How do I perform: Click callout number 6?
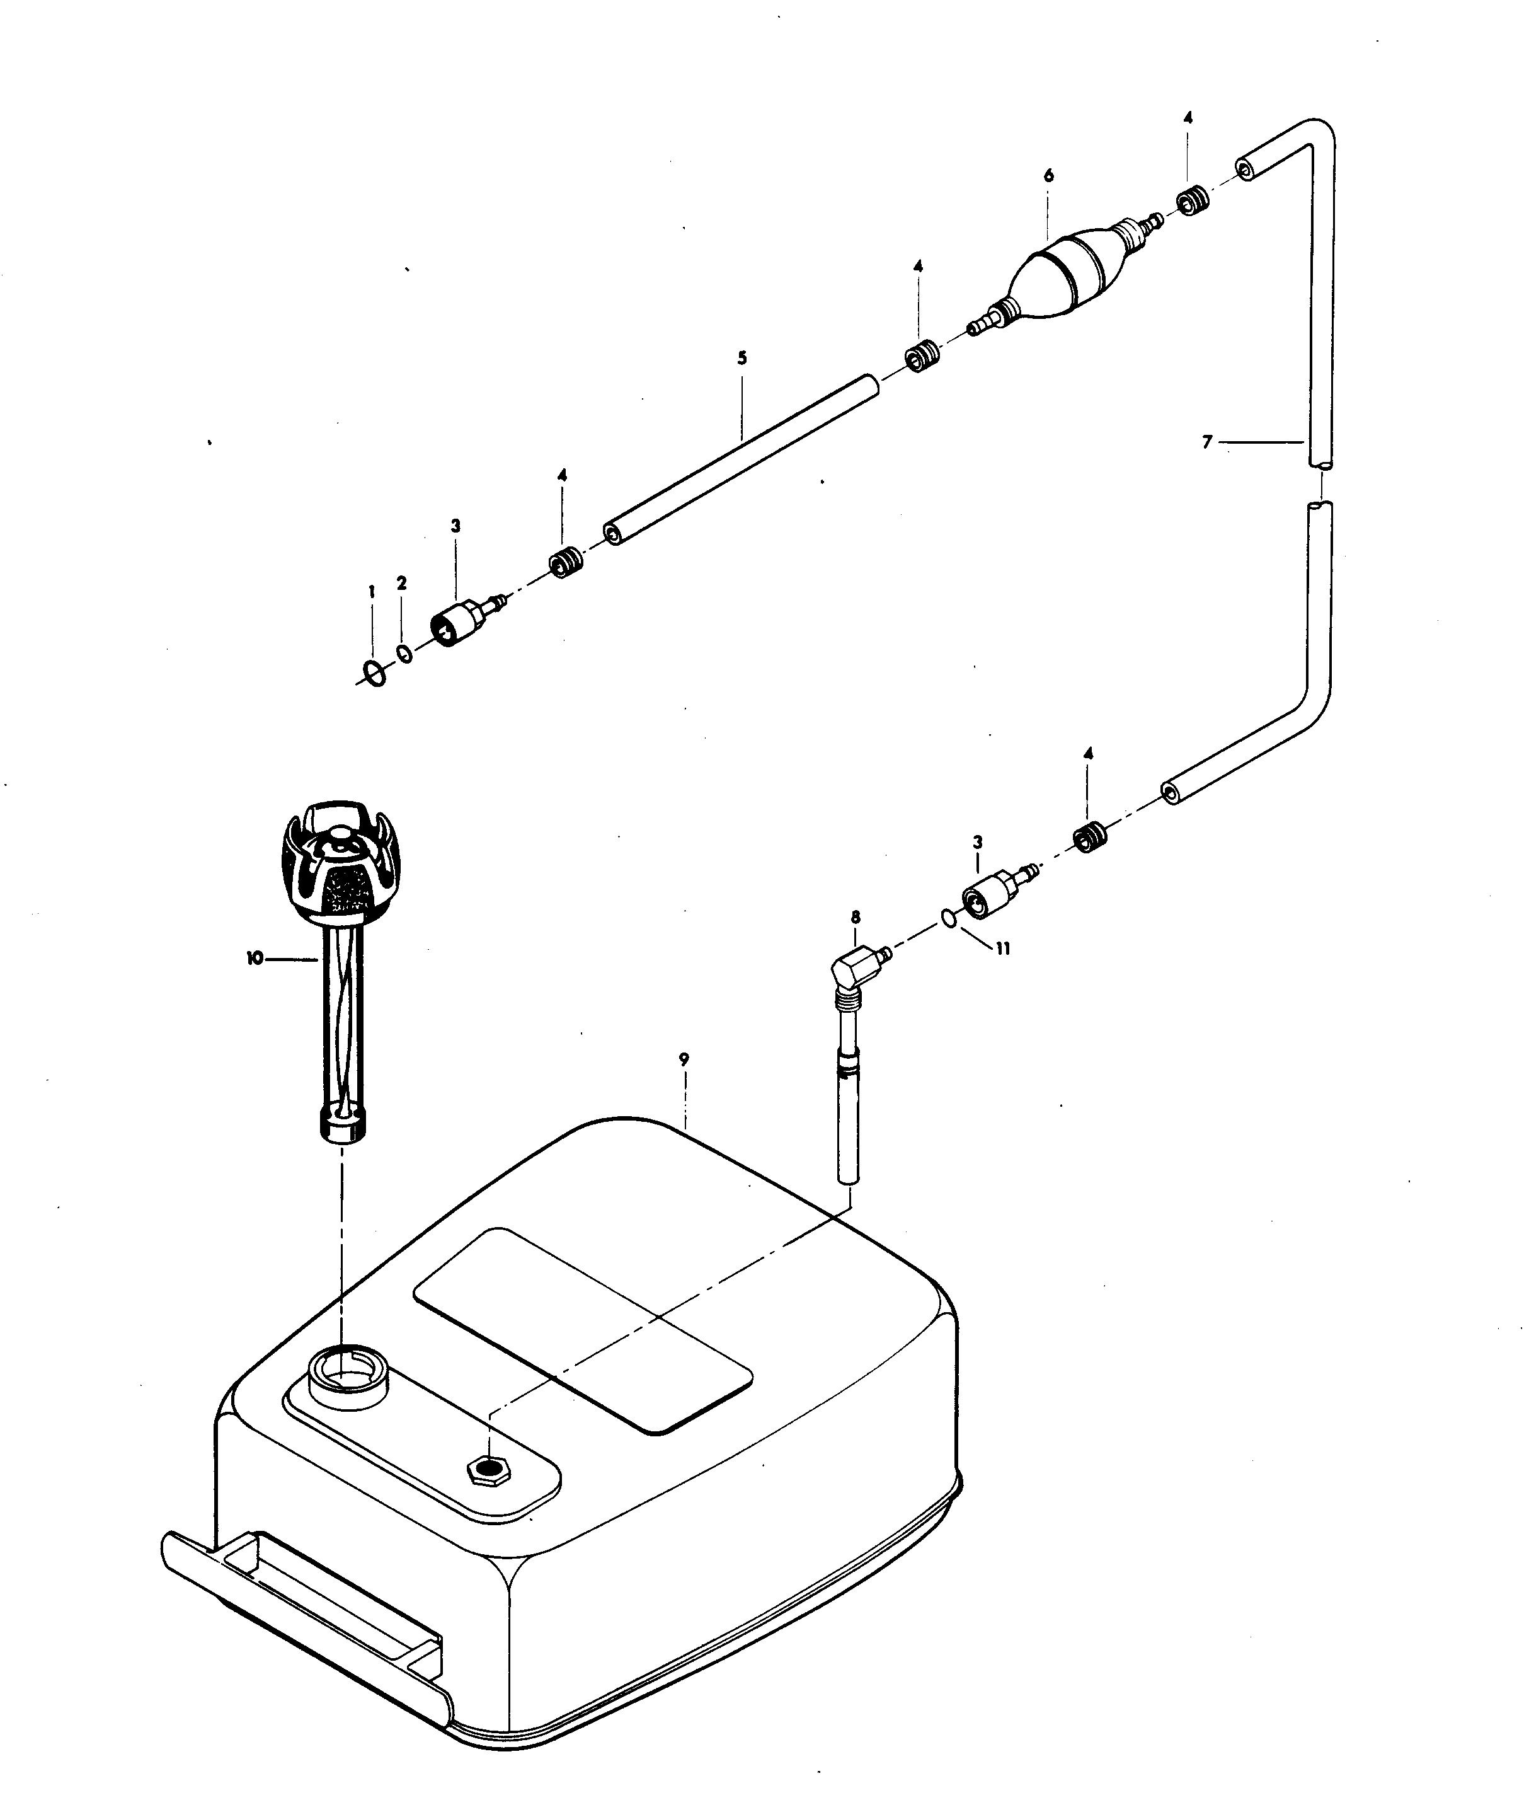[x=1049, y=176]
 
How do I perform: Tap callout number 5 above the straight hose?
[x=742, y=358]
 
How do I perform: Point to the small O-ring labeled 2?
[x=404, y=652]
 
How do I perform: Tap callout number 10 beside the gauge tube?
[x=254, y=959]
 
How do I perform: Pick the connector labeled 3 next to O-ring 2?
[x=457, y=621]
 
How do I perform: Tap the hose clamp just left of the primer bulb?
[x=922, y=356]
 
